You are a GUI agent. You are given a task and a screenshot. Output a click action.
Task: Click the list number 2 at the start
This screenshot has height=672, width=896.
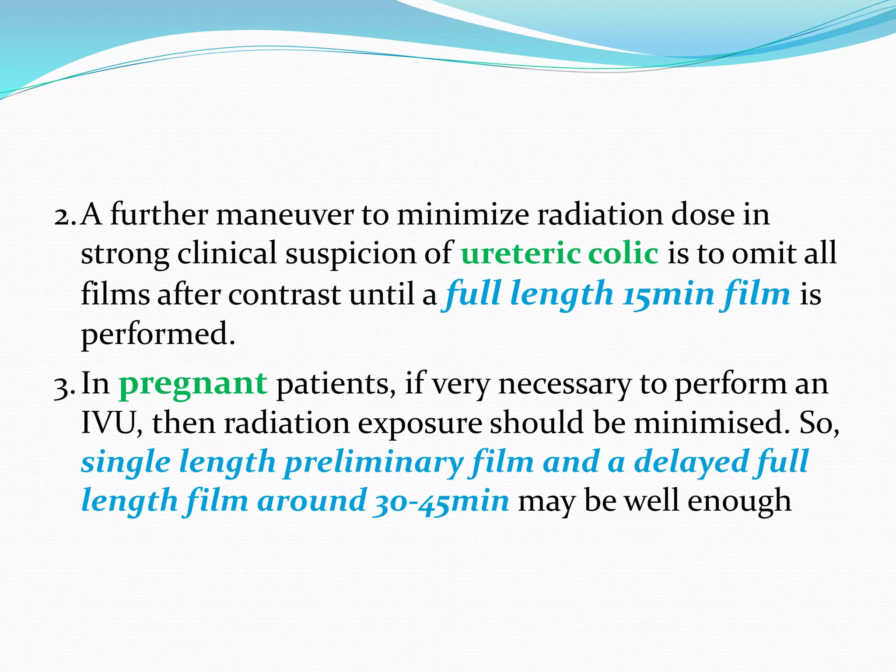click(x=65, y=215)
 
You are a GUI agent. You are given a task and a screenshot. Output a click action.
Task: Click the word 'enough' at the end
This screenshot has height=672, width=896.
click(x=739, y=501)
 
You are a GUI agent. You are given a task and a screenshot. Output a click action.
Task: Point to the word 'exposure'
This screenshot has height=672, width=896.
click(x=419, y=423)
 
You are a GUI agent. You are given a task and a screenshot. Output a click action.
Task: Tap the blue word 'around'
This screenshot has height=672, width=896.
click(x=311, y=501)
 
